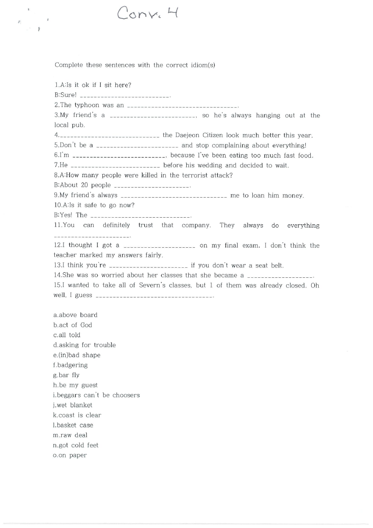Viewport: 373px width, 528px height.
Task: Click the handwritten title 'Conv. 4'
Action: point(148,14)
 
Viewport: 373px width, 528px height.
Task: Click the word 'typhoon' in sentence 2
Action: point(86,105)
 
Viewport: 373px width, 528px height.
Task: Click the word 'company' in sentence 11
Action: point(196,226)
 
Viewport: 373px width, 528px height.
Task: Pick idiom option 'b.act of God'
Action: point(73,325)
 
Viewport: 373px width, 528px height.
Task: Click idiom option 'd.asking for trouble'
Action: point(84,345)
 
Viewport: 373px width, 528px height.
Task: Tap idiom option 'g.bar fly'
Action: point(66,375)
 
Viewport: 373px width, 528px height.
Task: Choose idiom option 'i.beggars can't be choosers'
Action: point(96,395)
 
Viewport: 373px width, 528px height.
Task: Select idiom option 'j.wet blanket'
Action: point(73,405)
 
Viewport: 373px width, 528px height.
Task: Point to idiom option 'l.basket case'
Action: point(73,425)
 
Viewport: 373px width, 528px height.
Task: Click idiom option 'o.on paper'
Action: point(70,455)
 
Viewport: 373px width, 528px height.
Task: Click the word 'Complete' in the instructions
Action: point(69,65)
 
